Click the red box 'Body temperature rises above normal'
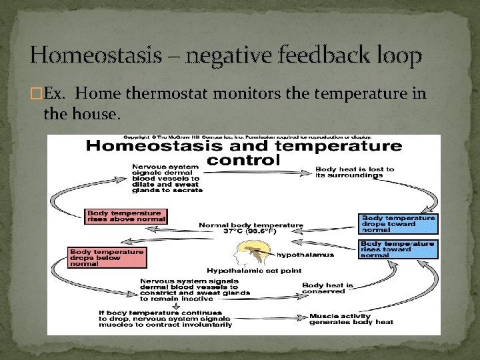[126, 217]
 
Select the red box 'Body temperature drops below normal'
[106, 257]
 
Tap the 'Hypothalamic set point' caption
[254, 271]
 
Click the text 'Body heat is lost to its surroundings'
[355, 173]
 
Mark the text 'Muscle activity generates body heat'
[351, 319]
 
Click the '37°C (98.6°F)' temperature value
[251, 233]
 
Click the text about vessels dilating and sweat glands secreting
[165, 178]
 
